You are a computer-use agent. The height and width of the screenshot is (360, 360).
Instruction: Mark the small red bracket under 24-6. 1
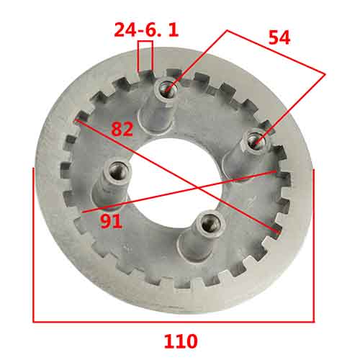click(145, 56)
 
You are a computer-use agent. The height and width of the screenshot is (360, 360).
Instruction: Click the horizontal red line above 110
click(174, 319)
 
